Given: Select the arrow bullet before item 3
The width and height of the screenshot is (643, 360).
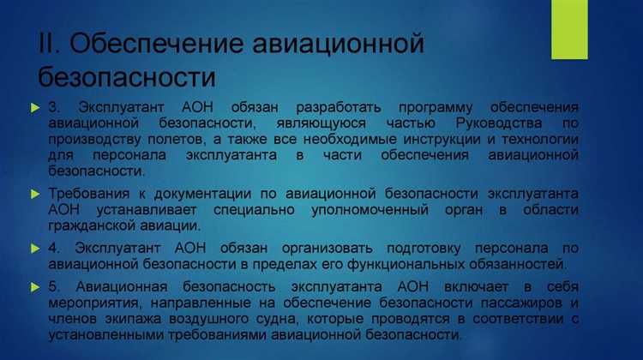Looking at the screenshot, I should [34, 108].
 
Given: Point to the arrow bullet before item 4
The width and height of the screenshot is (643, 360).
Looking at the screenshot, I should [34, 247].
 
